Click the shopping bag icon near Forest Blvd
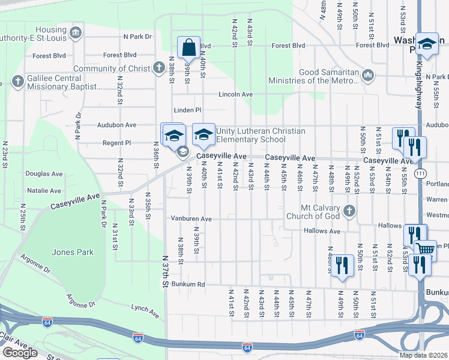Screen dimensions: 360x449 point(188,47)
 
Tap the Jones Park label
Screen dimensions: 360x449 point(76,252)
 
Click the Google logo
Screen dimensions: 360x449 point(20,353)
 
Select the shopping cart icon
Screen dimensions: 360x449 point(426,250)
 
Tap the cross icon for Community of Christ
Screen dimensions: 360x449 point(158,67)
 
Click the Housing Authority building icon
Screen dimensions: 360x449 point(76,32)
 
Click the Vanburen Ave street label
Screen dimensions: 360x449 point(191,219)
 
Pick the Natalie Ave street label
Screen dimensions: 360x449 point(44,191)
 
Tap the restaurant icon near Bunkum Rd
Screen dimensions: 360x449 point(342,265)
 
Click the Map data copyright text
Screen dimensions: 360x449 point(422,355)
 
